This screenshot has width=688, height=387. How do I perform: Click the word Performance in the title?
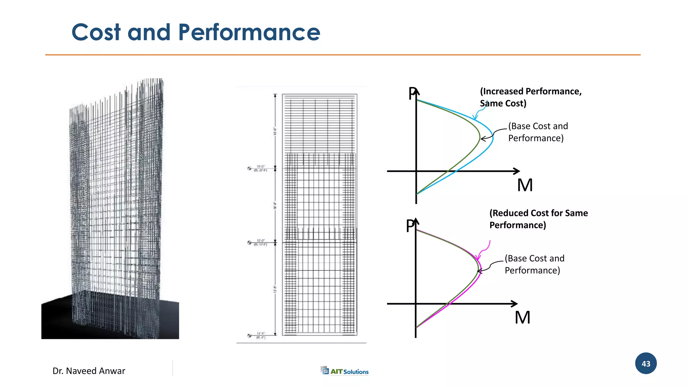pyautogui.click(x=249, y=33)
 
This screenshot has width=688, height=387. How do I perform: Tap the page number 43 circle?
pyautogui.click(x=646, y=363)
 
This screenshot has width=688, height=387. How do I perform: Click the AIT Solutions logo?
pyautogui.click(x=345, y=371)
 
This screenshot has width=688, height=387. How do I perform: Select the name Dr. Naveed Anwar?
pyautogui.click(x=89, y=371)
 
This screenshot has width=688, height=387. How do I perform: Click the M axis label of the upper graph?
pyautogui.click(x=525, y=185)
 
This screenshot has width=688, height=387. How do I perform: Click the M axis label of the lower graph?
pyautogui.click(x=522, y=317)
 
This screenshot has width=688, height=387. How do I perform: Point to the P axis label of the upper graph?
pyautogui.click(x=412, y=94)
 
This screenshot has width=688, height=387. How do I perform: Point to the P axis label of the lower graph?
pyautogui.click(x=410, y=226)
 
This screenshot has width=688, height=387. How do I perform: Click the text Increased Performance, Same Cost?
pyautogui.click(x=530, y=97)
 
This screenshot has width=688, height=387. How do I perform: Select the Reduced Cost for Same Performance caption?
pyautogui.click(x=538, y=219)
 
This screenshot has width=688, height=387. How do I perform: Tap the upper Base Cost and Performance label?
pyautogui.click(x=537, y=132)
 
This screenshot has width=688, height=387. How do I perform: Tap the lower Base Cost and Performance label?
pyautogui.click(x=534, y=264)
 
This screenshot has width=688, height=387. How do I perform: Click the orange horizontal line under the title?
pyautogui.click(x=343, y=55)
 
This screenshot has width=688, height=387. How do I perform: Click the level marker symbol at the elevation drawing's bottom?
pyautogui.click(x=249, y=335)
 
